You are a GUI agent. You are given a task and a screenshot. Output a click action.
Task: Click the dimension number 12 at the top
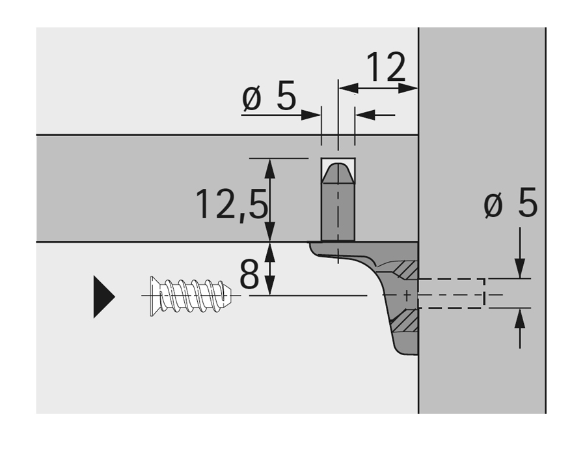(x=386, y=67)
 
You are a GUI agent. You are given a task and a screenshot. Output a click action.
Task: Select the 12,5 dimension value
(x=231, y=204)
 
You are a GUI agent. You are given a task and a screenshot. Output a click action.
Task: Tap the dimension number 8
(x=249, y=276)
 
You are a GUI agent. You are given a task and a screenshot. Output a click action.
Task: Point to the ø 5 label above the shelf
(x=269, y=98)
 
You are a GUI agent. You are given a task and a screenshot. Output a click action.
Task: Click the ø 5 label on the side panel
(x=510, y=205)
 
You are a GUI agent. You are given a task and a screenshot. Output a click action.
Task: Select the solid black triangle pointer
(x=103, y=296)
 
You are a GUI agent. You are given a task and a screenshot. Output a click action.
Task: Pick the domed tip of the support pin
(x=338, y=172)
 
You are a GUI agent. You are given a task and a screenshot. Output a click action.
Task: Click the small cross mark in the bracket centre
(x=407, y=296)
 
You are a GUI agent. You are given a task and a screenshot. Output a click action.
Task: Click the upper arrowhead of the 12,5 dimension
(x=270, y=167)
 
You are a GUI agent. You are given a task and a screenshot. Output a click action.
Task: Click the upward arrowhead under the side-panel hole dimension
(x=519, y=319)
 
